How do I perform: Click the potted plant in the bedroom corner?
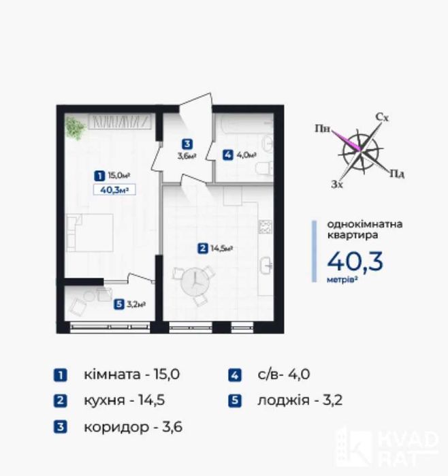[76, 128]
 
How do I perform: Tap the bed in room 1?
[90, 232]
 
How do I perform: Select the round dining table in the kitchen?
[193, 283]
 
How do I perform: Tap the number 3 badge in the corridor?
[187, 144]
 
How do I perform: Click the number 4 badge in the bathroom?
[227, 155]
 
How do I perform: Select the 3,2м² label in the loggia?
[135, 304]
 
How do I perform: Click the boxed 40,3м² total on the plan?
[114, 190]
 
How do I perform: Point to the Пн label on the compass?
[322, 129]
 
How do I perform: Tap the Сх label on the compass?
[382, 117]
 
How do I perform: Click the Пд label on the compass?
[397, 174]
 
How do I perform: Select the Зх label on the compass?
[337, 184]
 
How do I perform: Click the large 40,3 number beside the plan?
[355, 261]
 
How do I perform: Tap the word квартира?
[353, 235]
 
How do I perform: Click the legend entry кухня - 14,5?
[125, 400]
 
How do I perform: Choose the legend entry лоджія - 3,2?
[300, 400]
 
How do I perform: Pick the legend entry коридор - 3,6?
[133, 427]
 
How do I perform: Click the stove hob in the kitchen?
[265, 227]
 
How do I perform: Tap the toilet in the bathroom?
[263, 169]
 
